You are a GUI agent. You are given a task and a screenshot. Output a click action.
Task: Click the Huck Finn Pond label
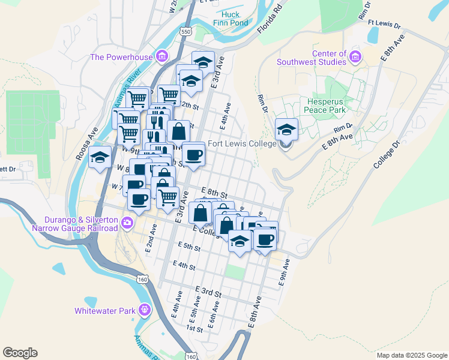pyautogui.click(x=230, y=19)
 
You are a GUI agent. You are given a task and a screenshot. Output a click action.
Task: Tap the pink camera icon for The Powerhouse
pyautogui.click(x=161, y=58)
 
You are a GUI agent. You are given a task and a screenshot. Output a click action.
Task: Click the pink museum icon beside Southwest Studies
pyautogui.click(x=355, y=58)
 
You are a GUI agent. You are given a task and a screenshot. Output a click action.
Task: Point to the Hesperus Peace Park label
pyautogui.click(x=328, y=106)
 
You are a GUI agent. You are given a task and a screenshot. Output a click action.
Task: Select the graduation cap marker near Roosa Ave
pyautogui.click(x=99, y=158)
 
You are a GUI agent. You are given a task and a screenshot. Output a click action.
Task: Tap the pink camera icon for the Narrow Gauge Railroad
pyautogui.click(x=127, y=223)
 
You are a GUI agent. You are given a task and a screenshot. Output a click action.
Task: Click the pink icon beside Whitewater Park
pyautogui.click(x=144, y=310)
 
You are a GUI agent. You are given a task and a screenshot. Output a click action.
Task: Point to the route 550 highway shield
pyautogui.click(x=186, y=31)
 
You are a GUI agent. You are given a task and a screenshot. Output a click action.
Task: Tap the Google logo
pyautogui.click(x=20, y=353)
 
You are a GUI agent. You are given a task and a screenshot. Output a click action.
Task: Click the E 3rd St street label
pyautogui.click(x=208, y=292)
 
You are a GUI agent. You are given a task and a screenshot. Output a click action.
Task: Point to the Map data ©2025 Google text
pyautogui.click(x=411, y=355)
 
